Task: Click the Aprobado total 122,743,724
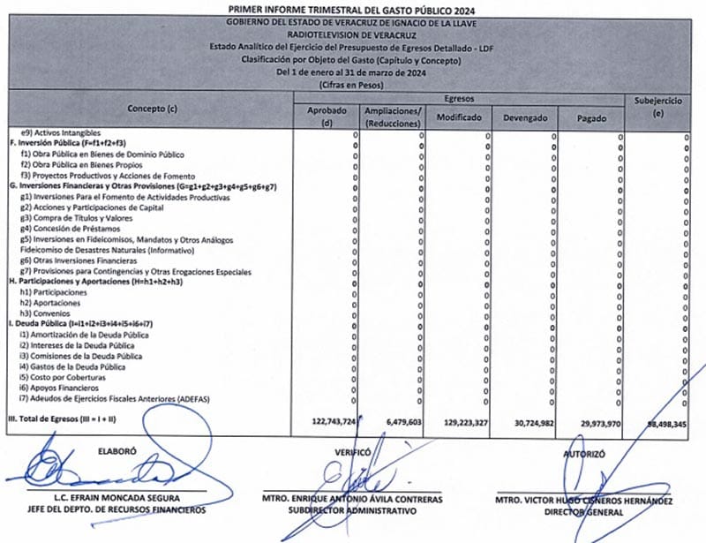pos(324,422)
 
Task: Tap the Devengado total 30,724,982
pos(529,422)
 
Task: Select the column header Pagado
pos(590,117)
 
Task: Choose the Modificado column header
pos(458,117)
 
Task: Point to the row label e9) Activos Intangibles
pos(66,132)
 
